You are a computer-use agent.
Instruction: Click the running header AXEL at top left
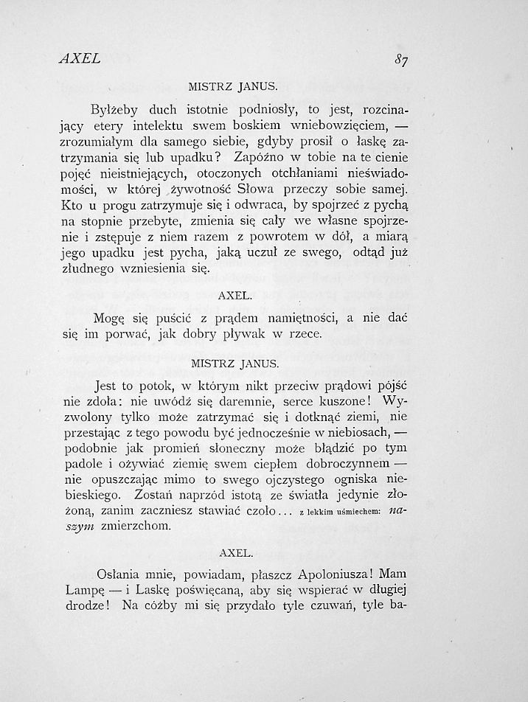coord(80,58)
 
